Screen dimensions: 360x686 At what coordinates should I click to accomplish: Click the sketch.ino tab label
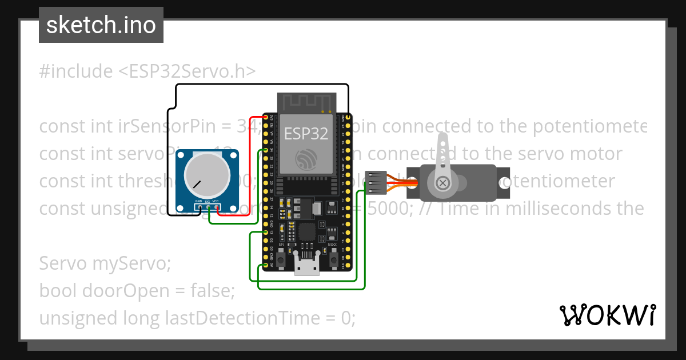(x=101, y=26)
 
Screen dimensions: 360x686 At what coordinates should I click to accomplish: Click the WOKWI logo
(x=607, y=315)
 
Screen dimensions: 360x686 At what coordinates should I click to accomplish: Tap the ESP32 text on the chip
(x=306, y=134)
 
